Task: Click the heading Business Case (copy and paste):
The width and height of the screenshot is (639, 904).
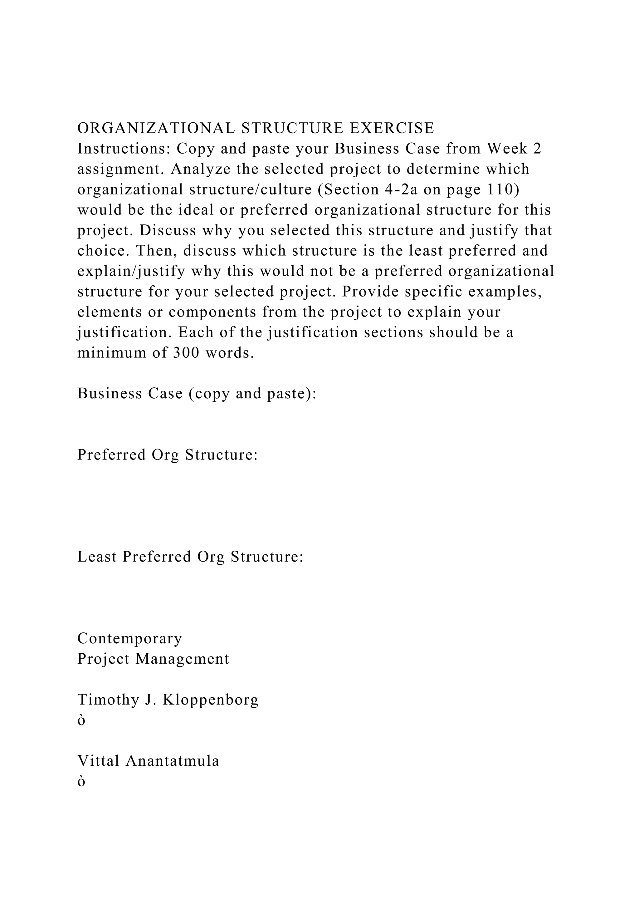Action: [x=197, y=393]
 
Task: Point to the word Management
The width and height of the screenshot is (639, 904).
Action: [x=182, y=659]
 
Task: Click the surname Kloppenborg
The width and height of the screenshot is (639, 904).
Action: [x=211, y=700]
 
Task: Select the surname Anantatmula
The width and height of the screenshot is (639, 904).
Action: [x=172, y=761]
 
